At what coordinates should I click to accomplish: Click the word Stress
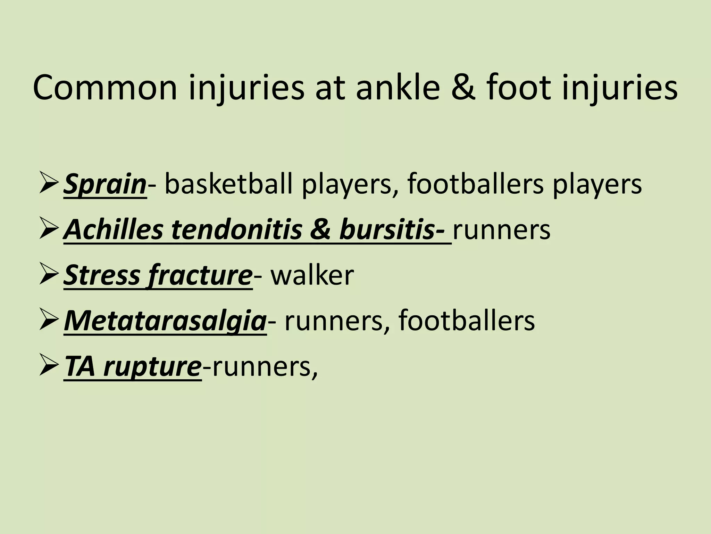102,275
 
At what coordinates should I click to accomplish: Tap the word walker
312,275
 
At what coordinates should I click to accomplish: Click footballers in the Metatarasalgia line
467,321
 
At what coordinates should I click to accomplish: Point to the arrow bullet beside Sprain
48,183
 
